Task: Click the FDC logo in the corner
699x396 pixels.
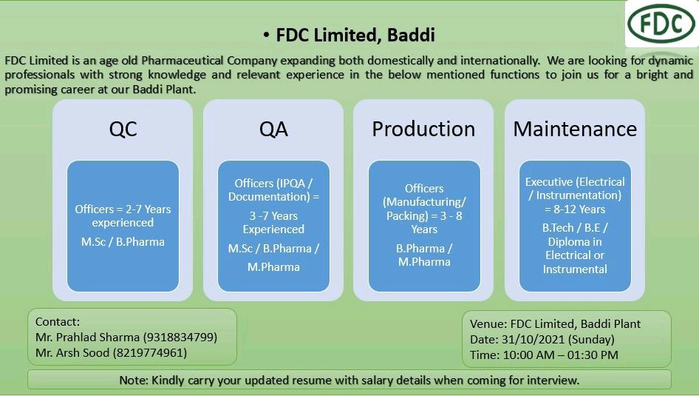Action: pyautogui.click(x=661, y=24)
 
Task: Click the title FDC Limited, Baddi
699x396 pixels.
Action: pyautogui.click(x=355, y=35)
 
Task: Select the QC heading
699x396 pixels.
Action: pyautogui.click(x=123, y=129)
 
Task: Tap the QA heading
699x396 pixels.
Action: pyautogui.click(x=273, y=129)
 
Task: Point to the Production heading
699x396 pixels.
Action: pyautogui.click(x=423, y=129)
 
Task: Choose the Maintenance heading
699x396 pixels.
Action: pyautogui.click(x=575, y=129)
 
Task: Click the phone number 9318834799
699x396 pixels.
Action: pyautogui.click(x=180, y=338)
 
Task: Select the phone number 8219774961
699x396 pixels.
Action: pyautogui.click(x=150, y=353)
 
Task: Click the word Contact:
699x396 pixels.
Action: pyautogui.click(x=57, y=322)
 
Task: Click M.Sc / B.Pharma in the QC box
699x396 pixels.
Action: pyautogui.click(x=123, y=241)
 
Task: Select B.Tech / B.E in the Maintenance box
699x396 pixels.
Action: pyautogui.click(x=575, y=228)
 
